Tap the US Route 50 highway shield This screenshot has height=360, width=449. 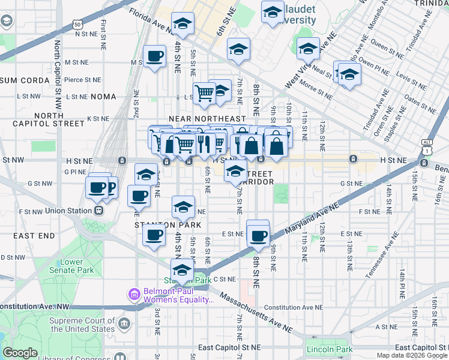pos(78,25)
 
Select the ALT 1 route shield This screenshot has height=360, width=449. pos(427,145)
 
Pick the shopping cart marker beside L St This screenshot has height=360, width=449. pos(205,93)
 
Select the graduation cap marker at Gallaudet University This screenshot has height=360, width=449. pos(273,11)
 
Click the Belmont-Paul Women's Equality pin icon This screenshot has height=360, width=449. pos(133,295)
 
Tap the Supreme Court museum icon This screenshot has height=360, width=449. pos(124,325)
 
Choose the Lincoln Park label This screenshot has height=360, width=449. pos(328,349)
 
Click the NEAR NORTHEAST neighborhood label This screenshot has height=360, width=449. pos(207,119)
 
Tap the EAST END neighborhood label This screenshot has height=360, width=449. pos(33,236)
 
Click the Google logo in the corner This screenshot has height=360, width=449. pos(20,353)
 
